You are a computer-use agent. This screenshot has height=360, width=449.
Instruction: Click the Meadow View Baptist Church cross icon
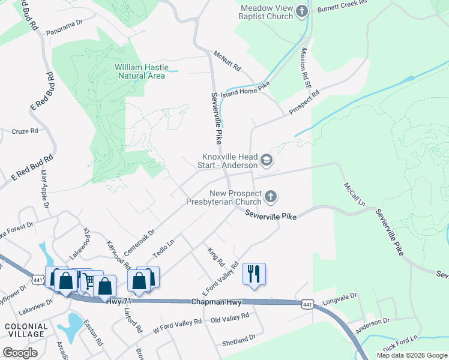click(301, 11)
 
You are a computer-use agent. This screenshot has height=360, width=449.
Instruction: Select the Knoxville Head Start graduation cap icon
click(266, 160)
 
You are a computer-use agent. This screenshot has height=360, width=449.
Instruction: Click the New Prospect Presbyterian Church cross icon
click(271, 196)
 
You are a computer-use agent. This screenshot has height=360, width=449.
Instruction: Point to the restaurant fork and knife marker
click(254, 274)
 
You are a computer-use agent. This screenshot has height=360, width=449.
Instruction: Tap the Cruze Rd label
click(25, 130)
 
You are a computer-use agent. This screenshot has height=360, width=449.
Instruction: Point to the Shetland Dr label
click(238, 340)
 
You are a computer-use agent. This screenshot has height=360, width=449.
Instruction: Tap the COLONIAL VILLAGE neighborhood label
click(25, 329)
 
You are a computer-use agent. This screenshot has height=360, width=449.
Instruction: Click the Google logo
click(20, 353)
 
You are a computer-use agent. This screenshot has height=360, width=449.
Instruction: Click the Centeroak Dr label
click(139, 239)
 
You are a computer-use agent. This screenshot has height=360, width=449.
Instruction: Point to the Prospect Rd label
click(304, 103)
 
